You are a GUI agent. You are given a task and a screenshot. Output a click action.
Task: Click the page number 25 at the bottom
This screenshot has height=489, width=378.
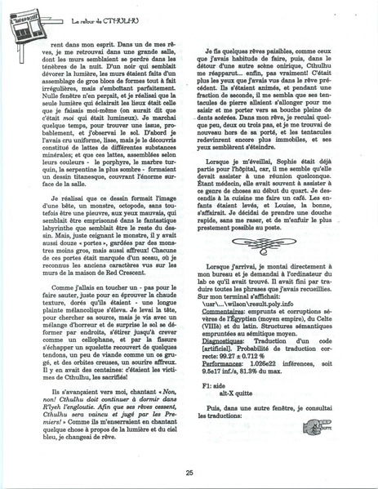coord(189,471)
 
